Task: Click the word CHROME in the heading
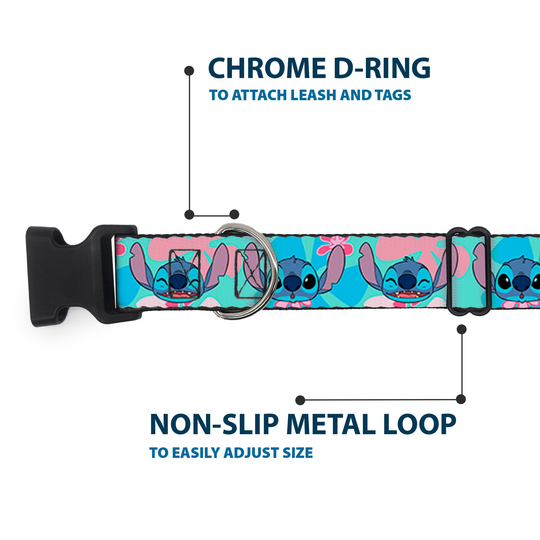click(x=267, y=69)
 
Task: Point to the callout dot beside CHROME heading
click(x=189, y=71)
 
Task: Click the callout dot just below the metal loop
click(x=461, y=329)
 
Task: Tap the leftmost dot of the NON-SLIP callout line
click(x=300, y=400)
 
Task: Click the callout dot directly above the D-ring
click(x=234, y=215)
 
